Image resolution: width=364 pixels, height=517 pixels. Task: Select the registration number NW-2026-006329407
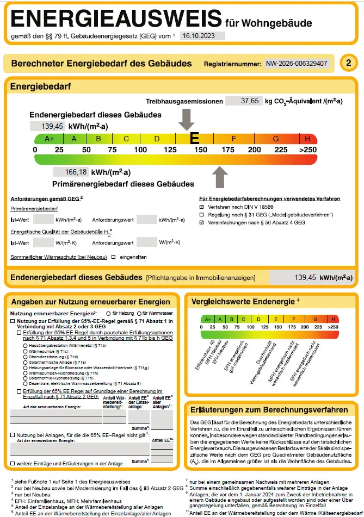(x=297, y=64)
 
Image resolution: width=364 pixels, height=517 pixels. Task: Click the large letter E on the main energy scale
(x=194, y=138)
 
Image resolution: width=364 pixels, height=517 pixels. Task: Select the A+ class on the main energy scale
(x=50, y=139)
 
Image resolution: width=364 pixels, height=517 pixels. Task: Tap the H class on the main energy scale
(x=307, y=139)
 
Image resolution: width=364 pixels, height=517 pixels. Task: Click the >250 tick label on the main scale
(x=307, y=150)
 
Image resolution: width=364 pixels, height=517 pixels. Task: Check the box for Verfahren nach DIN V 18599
(x=202, y=207)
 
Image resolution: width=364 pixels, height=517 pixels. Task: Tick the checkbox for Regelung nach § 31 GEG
(x=202, y=215)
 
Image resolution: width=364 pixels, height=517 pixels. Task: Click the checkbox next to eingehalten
(x=114, y=256)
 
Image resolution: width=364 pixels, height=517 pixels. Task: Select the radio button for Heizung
(x=108, y=314)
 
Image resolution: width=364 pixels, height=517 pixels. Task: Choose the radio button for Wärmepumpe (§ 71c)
(x=24, y=352)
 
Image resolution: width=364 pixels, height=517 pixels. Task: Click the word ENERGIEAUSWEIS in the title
(x=116, y=20)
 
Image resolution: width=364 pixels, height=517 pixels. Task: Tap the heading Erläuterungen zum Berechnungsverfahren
(x=270, y=409)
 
